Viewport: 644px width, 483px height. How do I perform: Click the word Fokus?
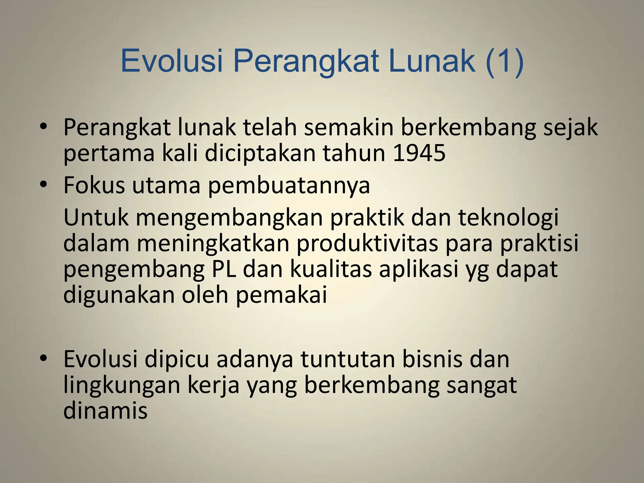click(94, 185)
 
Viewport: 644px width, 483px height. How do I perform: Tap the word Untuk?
click(96, 217)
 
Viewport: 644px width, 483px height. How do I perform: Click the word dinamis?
click(105, 410)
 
